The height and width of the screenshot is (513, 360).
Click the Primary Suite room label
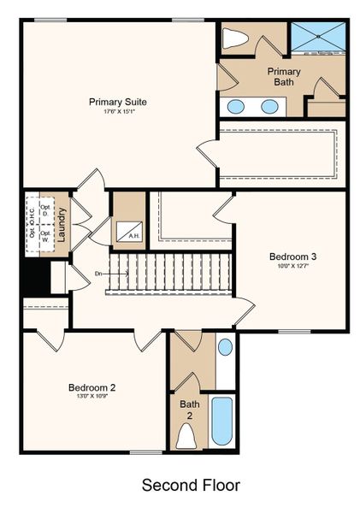(x=118, y=102)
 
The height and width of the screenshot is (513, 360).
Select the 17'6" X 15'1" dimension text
(x=118, y=112)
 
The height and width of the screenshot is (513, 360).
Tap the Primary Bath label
(x=283, y=76)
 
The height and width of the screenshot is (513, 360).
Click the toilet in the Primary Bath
(x=234, y=38)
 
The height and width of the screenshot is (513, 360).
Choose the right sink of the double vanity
(x=269, y=107)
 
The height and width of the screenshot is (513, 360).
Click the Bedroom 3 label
(x=292, y=256)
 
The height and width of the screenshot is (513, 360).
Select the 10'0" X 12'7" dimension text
(x=292, y=267)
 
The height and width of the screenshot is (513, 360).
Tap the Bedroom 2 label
(x=91, y=387)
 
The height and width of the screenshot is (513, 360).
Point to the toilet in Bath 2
(x=186, y=436)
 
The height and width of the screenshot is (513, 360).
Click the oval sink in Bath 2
(x=224, y=347)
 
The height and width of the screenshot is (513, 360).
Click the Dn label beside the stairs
(x=99, y=274)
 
